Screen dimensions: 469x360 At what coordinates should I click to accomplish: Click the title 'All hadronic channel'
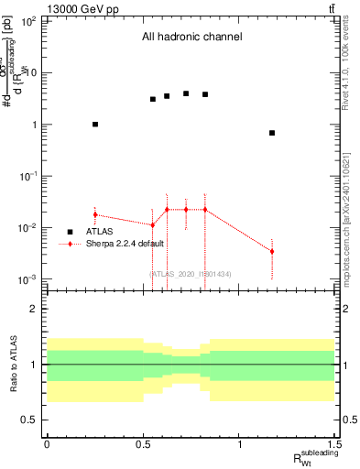pos(191,38)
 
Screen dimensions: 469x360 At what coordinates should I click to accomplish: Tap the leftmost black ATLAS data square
pos(95,124)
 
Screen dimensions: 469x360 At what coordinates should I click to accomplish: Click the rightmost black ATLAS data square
pos(272,133)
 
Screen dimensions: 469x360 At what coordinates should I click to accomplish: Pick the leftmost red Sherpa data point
pos(95,214)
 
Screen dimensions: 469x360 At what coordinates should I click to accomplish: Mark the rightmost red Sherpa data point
pos(272,251)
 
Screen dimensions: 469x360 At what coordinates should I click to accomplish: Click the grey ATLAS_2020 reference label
pos(191,274)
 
